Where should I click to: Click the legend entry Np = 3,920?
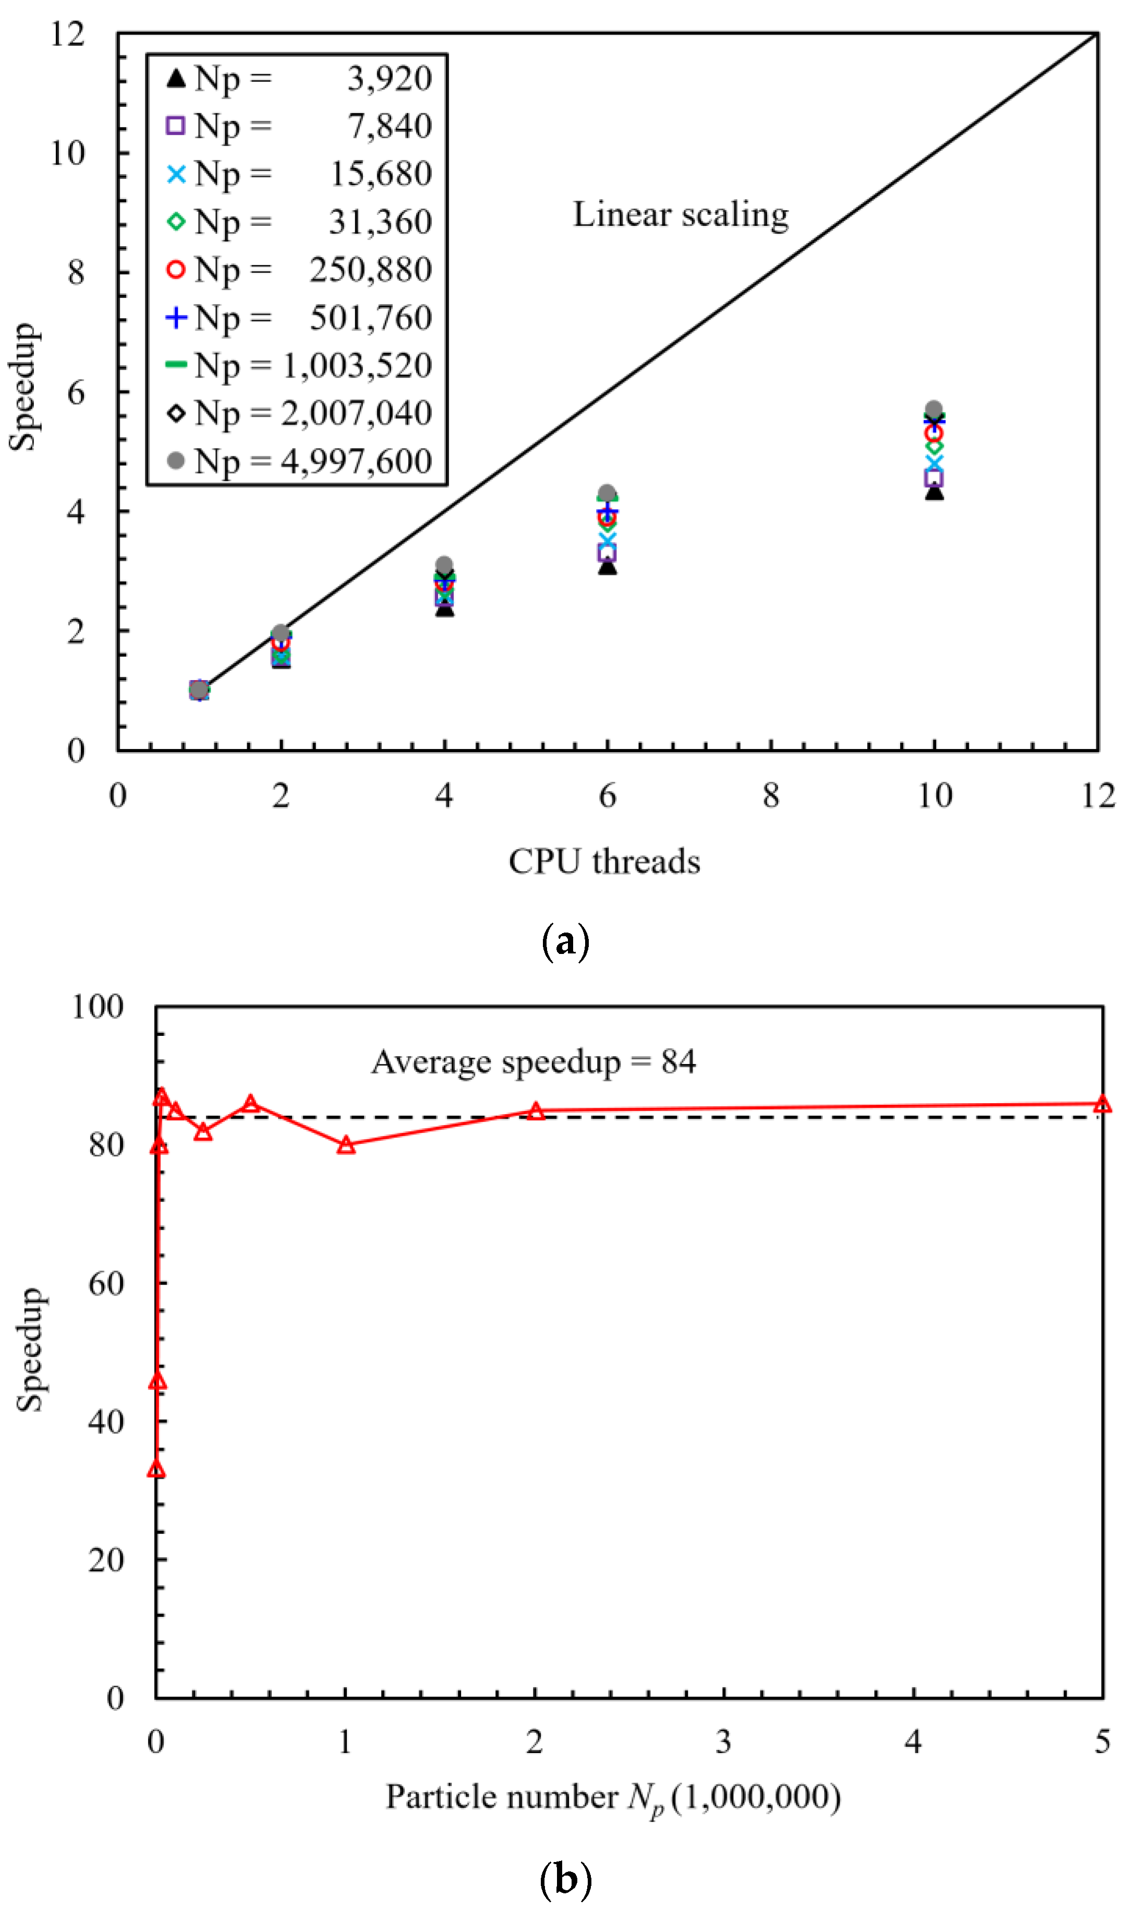point(298,78)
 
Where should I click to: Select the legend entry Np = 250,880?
point(298,270)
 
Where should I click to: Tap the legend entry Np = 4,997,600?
point(298,461)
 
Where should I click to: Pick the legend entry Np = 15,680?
point(298,174)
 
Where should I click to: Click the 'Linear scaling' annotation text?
point(681,215)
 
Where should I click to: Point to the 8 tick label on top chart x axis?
point(771,796)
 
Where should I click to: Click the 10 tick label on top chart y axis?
point(68,153)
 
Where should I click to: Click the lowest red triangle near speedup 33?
point(156,1469)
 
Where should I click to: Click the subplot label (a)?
point(565,942)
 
